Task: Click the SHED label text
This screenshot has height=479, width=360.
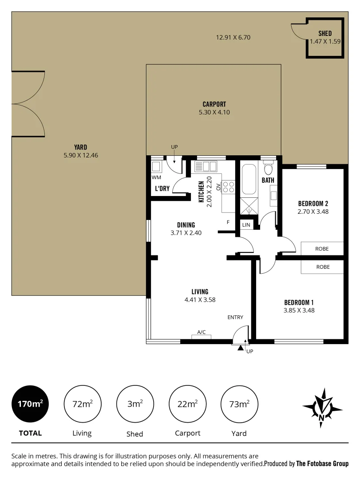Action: pyautogui.click(x=324, y=33)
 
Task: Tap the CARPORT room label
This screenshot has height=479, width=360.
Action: pyautogui.click(x=214, y=105)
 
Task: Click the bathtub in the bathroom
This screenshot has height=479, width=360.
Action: pyautogui.click(x=249, y=179)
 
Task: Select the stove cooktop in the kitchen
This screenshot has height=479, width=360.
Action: pyautogui.click(x=228, y=187)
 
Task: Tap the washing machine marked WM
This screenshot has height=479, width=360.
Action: pyautogui.click(x=156, y=167)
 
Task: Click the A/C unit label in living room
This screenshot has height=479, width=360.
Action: pyautogui.click(x=201, y=332)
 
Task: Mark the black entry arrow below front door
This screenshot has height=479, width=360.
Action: pyautogui.click(x=240, y=349)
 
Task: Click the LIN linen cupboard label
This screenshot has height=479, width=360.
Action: pyautogui.click(x=246, y=225)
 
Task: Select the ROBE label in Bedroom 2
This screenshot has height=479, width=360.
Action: pyautogui.click(x=322, y=249)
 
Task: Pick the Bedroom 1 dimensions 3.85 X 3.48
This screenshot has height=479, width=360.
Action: pyautogui.click(x=299, y=310)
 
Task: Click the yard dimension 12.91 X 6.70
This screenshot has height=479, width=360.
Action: pyautogui.click(x=233, y=38)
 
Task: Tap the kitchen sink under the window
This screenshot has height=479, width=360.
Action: pyautogui.click(x=206, y=166)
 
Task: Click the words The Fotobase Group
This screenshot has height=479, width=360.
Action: pyautogui.click(x=322, y=463)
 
